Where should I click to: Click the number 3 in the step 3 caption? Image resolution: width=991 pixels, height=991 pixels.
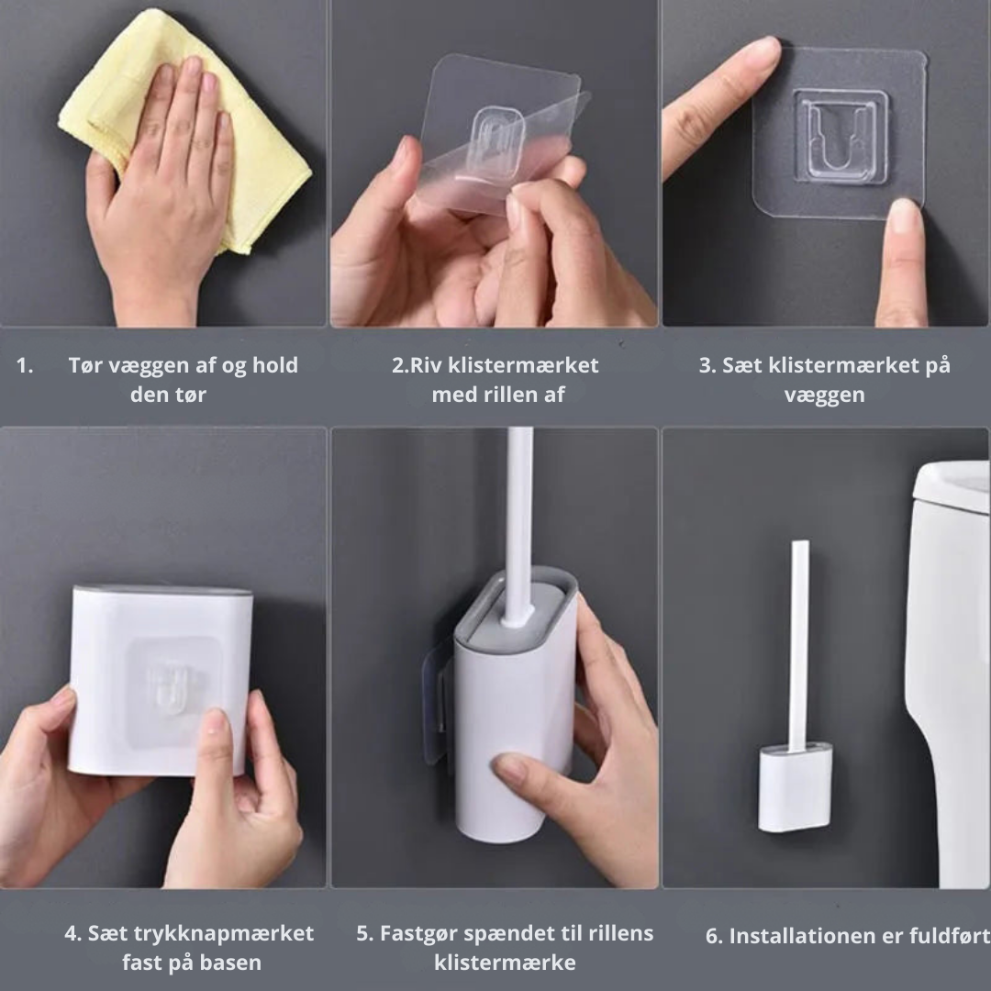[x=707, y=365]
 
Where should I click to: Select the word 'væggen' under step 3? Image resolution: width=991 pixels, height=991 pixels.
[x=824, y=395]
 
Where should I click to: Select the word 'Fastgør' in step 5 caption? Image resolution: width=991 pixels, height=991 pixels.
[x=418, y=934]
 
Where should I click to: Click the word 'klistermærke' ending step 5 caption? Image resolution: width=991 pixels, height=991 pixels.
[x=505, y=963]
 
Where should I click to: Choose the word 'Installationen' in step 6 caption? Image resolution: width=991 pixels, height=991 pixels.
[x=797, y=937]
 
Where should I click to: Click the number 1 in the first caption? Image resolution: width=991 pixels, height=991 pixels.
[x=24, y=365]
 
